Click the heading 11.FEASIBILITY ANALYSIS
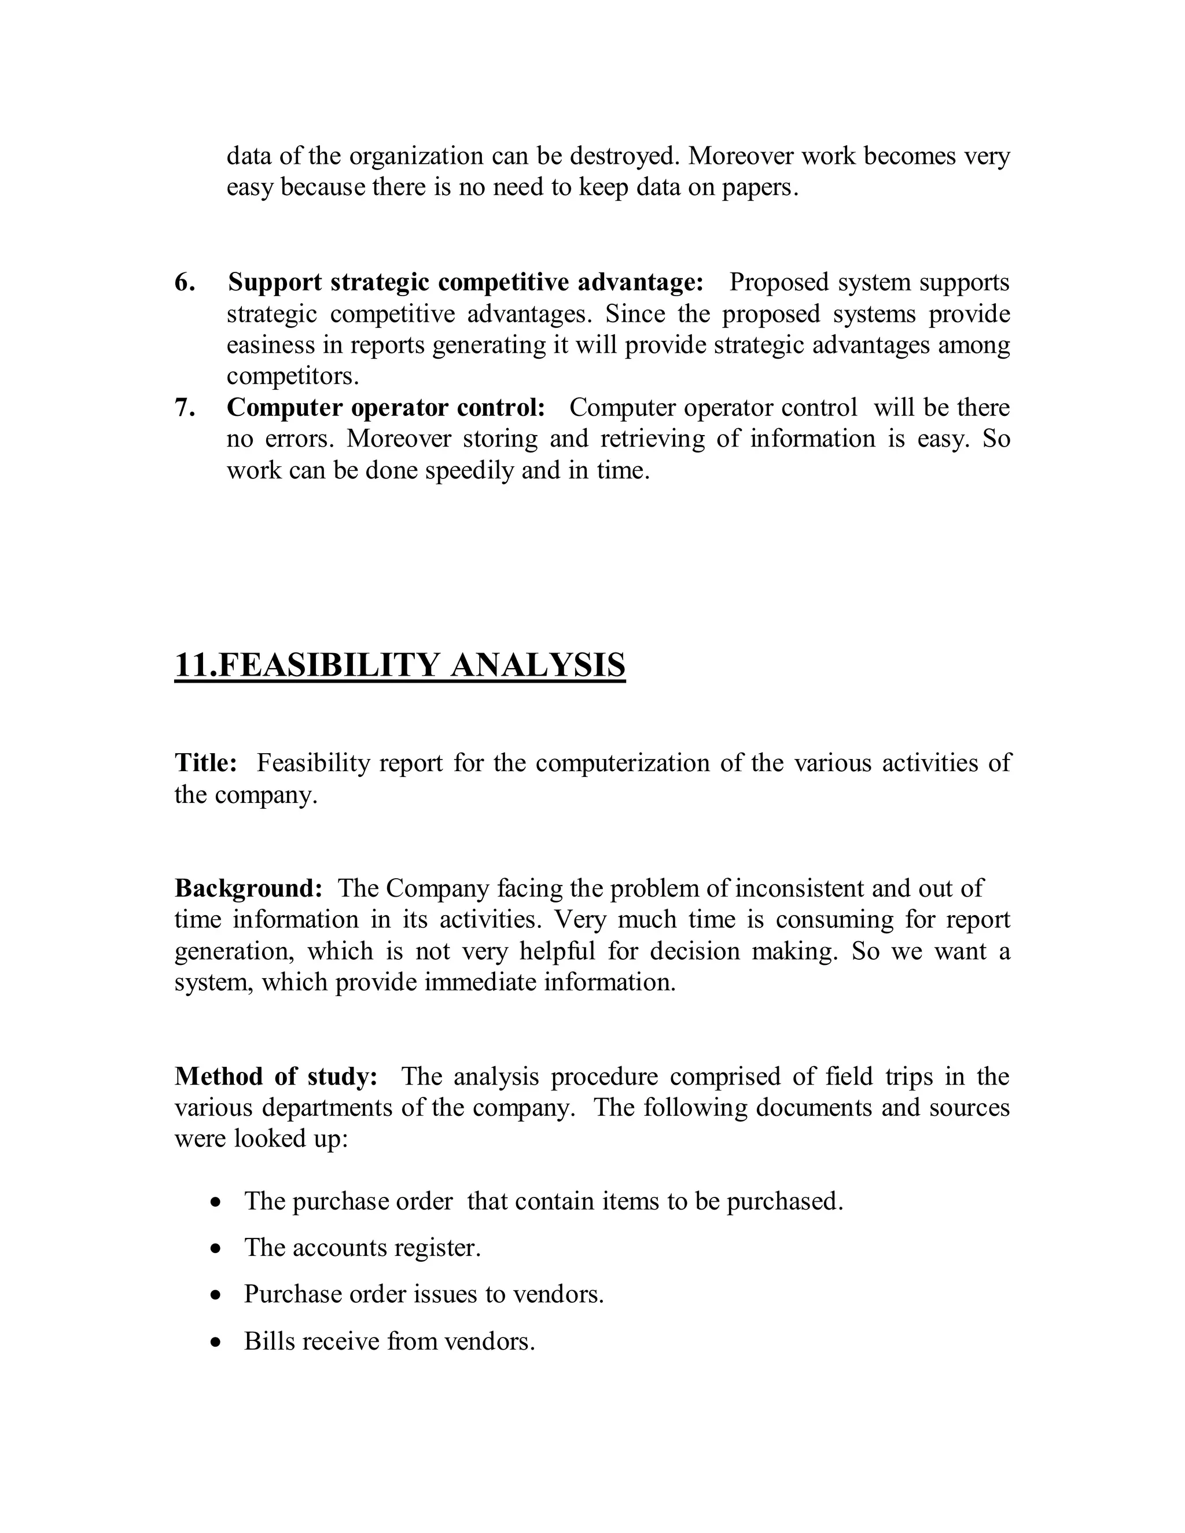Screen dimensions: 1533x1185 point(399,665)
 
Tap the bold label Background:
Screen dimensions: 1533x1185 point(248,889)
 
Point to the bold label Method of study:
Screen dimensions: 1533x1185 point(276,1076)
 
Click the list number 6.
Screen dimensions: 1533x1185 point(185,282)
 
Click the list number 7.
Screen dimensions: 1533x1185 point(185,408)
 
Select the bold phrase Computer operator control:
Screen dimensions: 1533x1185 point(385,408)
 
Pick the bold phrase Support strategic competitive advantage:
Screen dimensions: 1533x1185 point(465,282)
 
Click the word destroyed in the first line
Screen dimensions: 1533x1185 point(625,156)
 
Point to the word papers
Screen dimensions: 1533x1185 point(760,188)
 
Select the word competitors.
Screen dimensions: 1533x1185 point(292,377)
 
